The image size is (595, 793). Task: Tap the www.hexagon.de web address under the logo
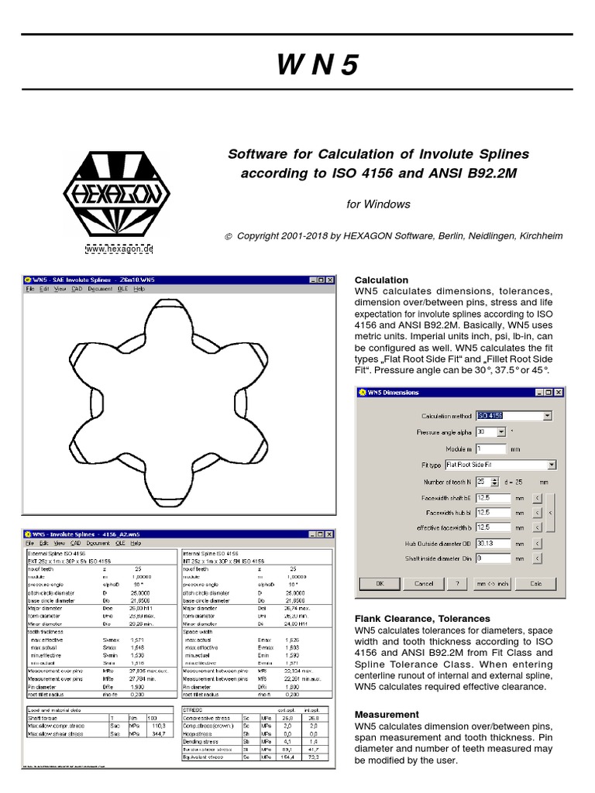(119, 249)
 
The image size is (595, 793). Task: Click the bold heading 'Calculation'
(381, 280)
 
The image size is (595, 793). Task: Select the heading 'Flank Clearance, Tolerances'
(422, 619)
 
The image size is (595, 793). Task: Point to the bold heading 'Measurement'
(387, 714)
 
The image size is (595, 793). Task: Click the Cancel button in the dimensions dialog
(423, 583)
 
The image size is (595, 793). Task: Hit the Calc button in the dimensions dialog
(535, 583)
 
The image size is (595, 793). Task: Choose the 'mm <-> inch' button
(493, 583)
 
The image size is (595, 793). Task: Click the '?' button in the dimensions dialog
(458, 583)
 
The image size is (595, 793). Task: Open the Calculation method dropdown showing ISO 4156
(514, 416)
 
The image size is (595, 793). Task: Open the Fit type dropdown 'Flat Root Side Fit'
(500, 465)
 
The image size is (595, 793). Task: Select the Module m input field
(490, 448)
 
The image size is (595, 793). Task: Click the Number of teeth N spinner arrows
(495, 481)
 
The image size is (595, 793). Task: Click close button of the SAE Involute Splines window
(329, 280)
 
